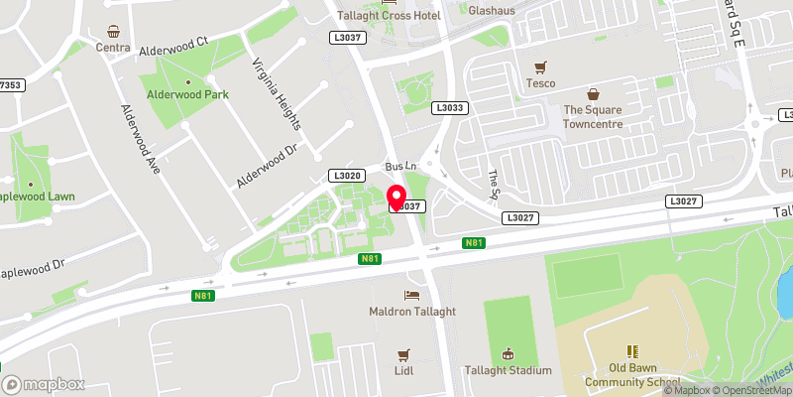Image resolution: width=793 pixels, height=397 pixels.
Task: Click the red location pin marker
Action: pos(396,198)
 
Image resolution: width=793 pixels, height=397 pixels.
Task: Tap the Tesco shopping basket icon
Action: pos(540,67)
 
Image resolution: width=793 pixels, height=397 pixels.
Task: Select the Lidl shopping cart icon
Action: pos(403,354)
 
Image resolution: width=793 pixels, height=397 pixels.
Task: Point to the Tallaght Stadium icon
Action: pos(509,354)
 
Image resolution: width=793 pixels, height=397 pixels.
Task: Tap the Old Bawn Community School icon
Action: pos(631,351)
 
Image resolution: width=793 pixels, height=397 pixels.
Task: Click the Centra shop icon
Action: pos(114,31)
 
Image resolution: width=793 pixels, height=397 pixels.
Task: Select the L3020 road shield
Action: pos(347,176)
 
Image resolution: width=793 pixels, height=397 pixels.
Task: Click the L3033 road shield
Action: pos(449,107)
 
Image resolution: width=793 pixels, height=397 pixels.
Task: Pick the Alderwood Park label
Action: pos(188,95)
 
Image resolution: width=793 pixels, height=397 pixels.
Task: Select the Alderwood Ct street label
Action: pos(172,47)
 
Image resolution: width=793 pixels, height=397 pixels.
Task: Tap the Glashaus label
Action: pos(494,10)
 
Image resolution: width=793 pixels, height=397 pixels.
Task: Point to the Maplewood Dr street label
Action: pos(32,269)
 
